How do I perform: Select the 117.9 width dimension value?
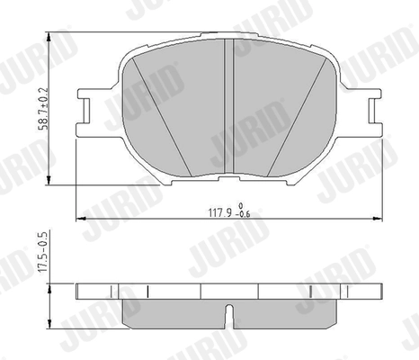(x=220, y=214)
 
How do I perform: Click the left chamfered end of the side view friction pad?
(x=124, y=313)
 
